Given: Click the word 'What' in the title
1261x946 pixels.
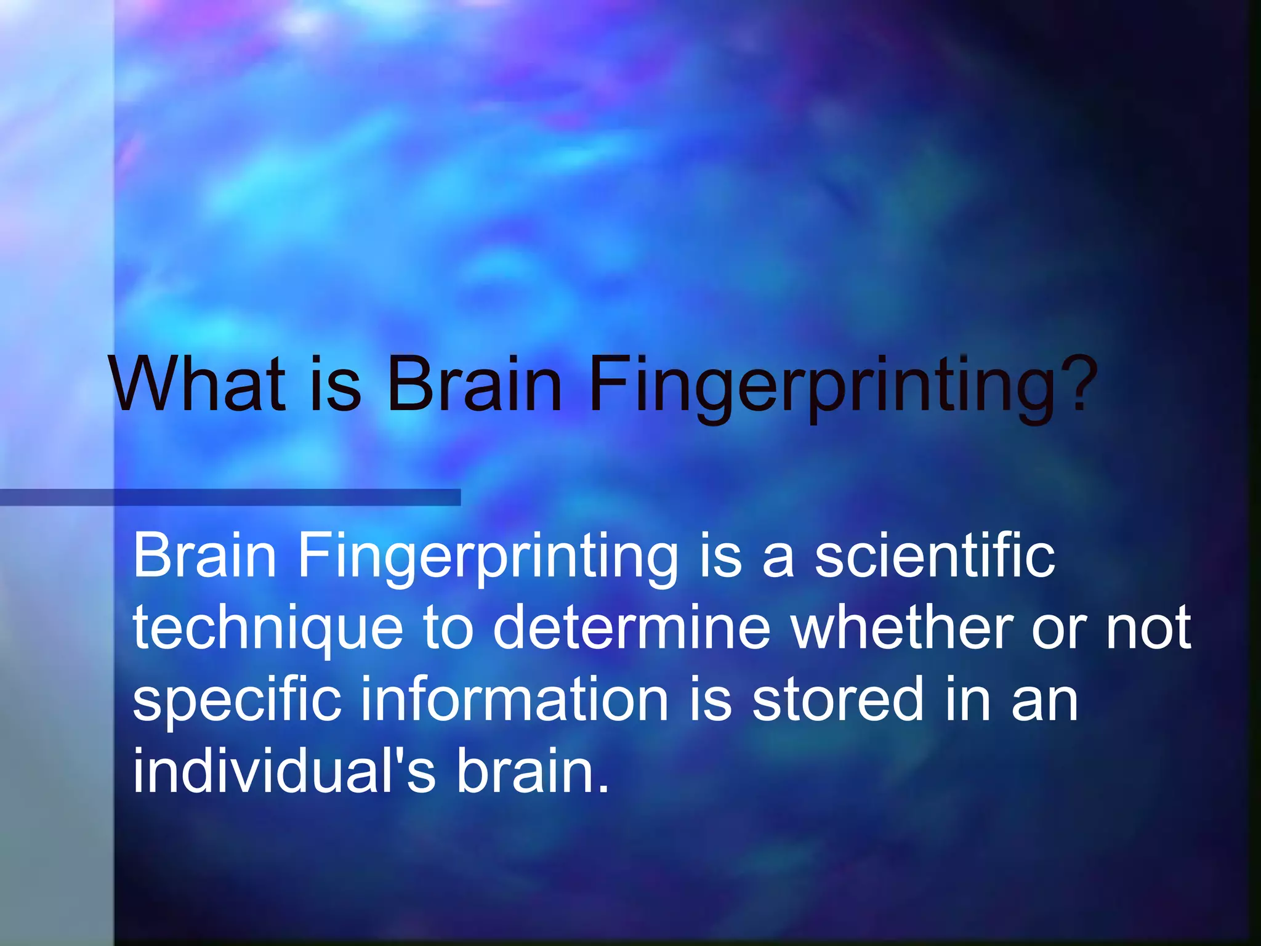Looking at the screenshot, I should (197, 384).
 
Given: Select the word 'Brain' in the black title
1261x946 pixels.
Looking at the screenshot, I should (474, 384).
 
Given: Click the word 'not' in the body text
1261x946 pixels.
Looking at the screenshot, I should (1148, 628).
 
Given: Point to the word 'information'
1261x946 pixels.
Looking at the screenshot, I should (514, 698).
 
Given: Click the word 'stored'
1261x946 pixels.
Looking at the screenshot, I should (837, 698).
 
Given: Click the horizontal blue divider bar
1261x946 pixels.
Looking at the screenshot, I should (230, 497).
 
